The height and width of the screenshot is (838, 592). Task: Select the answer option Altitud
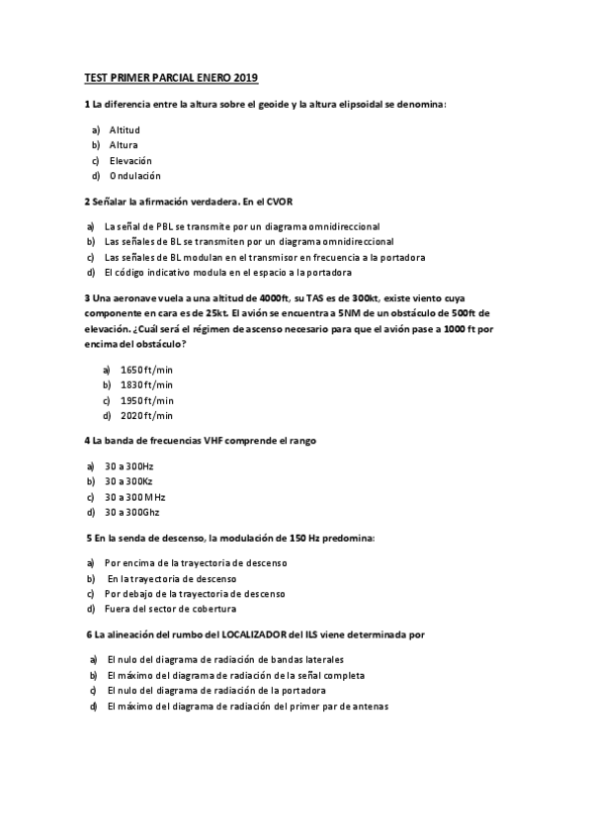tap(125, 129)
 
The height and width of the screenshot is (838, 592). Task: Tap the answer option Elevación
tap(130, 160)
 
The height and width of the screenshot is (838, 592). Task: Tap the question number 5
tap(90, 538)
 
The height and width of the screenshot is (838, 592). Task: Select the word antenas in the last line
tap(370, 707)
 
